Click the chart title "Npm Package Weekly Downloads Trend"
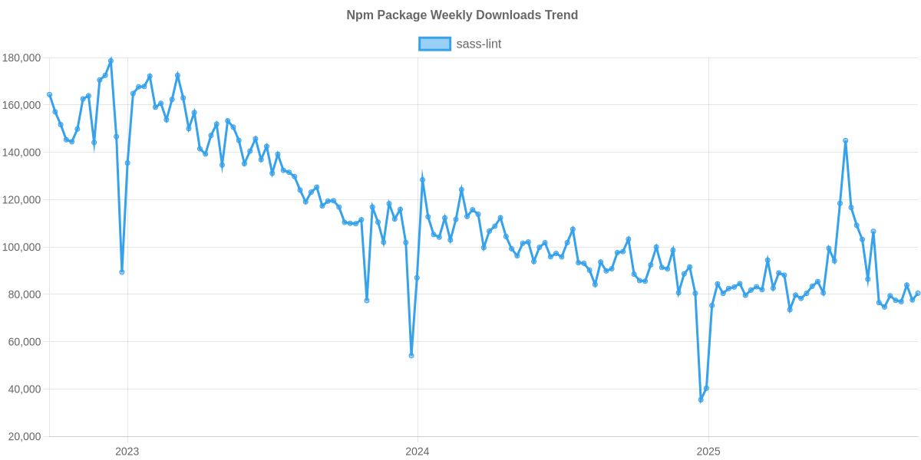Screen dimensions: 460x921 (461, 15)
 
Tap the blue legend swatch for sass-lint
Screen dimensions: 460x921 (434, 44)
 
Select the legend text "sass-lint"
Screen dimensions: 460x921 (479, 44)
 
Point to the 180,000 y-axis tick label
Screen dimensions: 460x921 (21, 58)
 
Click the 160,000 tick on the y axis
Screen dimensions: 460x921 (21, 106)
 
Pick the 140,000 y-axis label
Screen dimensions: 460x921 (21, 153)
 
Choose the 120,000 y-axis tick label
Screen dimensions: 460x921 (21, 200)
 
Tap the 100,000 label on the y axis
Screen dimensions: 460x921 (21, 248)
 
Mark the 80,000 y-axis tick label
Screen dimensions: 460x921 (24, 295)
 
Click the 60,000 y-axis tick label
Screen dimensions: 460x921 (24, 342)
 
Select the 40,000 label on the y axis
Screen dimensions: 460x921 (24, 389)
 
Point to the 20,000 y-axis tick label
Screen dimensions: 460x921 (24, 437)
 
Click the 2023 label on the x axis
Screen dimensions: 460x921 (127, 452)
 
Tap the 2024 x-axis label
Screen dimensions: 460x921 (418, 452)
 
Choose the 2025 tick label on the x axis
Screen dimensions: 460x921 (708, 452)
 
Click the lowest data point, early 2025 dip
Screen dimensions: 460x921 (700, 400)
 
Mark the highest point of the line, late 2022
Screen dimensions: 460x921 (111, 60)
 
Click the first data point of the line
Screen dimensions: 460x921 (49, 94)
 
